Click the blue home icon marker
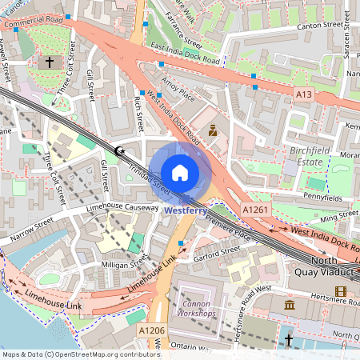180,172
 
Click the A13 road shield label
303,94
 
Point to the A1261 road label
255,209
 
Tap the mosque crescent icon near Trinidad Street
120,150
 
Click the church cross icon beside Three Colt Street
50,61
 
